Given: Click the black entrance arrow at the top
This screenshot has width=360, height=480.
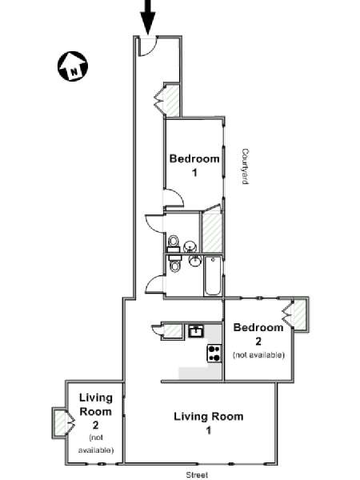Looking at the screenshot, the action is tap(148, 17).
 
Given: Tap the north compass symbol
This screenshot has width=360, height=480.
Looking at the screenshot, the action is tap(73, 66).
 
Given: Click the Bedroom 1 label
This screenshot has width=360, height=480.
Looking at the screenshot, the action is tap(194, 166).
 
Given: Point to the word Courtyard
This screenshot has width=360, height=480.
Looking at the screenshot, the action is tap(245, 166).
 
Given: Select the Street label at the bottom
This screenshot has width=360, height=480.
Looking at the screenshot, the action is tap(197, 474).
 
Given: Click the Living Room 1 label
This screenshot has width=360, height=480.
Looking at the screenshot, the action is tap(209, 423).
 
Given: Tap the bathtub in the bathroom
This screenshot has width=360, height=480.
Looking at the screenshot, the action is tap(213, 276).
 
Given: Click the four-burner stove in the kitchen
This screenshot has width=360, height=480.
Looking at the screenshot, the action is tap(214, 353).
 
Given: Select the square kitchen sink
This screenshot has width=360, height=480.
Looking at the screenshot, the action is tap(196, 331).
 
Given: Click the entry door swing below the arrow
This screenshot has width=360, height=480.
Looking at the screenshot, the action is tap(147, 46).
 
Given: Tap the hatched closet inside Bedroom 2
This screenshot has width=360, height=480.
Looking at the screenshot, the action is tap(300, 314).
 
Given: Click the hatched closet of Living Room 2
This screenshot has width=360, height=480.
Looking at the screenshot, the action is tap(60, 422).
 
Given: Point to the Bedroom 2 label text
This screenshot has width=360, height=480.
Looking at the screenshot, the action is tap(258, 334).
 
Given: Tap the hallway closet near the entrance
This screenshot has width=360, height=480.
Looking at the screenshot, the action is tap(172, 101).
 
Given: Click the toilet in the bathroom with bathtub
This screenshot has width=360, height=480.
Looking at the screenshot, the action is tap(174, 263).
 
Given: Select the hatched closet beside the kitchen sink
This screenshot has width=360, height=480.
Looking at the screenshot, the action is tap(172, 330).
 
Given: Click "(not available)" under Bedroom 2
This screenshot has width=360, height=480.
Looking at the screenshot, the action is tap(258, 354).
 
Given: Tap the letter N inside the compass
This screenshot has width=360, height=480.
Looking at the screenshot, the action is tap(74, 72).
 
